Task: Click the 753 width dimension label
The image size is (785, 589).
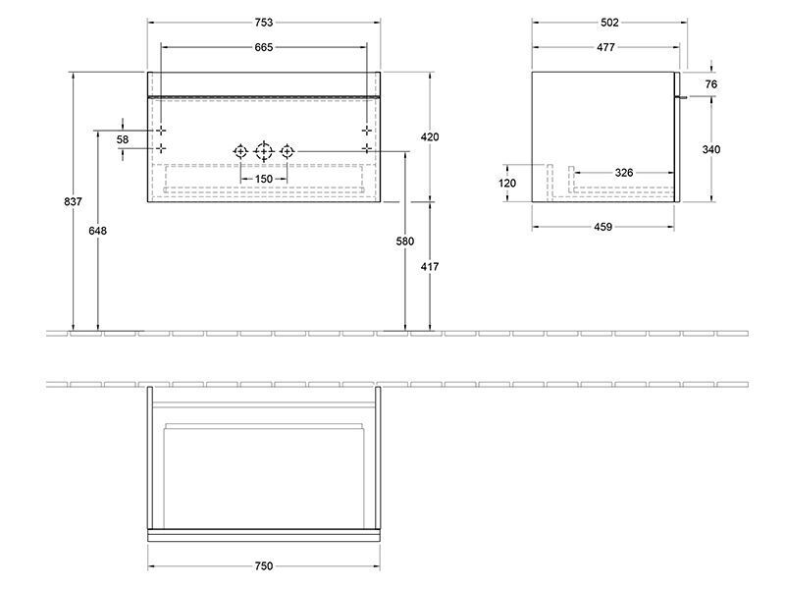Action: click(x=264, y=22)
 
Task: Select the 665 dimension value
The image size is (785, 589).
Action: click(x=264, y=47)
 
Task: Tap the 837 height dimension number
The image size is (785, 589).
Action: click(x=73, y=201)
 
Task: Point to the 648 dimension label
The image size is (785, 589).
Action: click(x=97, y=231)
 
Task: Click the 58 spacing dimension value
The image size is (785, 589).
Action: click(x=123, y=139)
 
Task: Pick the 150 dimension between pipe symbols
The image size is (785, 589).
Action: click(x=264, y=179)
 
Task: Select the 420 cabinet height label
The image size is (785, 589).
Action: click(x=430, y=136)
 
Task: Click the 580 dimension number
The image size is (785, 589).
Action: click(x=405, y=241)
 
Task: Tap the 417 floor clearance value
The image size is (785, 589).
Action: click(x=430, y=266)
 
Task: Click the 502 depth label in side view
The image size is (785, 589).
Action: click(x=609, y=22)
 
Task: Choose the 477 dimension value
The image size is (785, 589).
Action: click(x=605, y=47)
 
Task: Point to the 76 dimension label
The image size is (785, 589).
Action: click(x=710, y=84)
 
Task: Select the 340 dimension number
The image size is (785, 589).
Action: click(x=710, y=149)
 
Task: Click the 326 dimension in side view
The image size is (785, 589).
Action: click(x=624, y=173)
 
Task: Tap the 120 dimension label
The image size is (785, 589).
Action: click(x=507, y=184)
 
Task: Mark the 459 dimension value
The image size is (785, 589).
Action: click(x=603, y=227)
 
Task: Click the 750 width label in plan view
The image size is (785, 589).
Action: click(x=264, y=566)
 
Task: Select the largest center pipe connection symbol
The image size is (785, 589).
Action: click(x=264, y=151)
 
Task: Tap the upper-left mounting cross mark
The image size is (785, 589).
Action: click(x=161, y=131)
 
